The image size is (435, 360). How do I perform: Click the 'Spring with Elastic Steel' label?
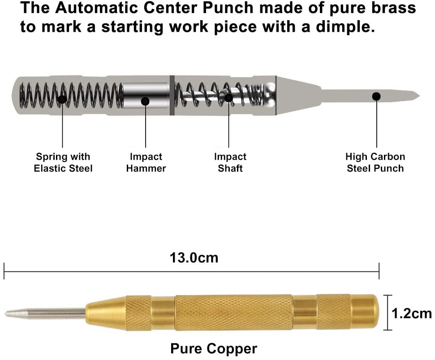point(63,163)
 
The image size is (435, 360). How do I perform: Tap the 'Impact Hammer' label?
point(146,163)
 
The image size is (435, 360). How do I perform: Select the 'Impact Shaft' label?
point(230,163)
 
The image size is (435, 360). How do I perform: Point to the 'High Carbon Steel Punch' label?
point(375,163)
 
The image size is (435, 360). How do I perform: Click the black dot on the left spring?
point(62,99)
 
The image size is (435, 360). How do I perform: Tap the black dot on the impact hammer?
point(145,101)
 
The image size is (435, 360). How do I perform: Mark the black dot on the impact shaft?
point(228,97)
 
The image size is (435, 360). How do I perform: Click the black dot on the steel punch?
point(376,96)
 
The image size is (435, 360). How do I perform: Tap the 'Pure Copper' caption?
point(214,348)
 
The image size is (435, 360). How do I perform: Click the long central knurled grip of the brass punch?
point(233,312)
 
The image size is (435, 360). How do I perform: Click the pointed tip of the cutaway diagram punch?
point(416,95)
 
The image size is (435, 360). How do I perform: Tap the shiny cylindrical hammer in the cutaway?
point(146,95)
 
